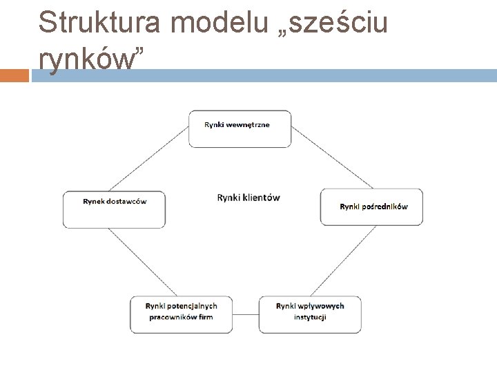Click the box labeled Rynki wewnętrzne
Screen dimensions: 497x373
(x=240, y=128)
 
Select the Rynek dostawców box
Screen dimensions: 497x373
(x=114, y=209)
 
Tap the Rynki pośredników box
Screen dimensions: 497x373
(x=371, y=207)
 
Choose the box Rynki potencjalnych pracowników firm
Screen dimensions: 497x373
(x=182, y=314)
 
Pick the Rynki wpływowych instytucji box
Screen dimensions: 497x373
(x=310, y=314)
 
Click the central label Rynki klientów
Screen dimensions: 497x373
(x=248, y=198)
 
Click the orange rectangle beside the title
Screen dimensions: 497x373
(x=14, y=75)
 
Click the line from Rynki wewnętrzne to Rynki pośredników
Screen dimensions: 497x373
(x=332, y=158)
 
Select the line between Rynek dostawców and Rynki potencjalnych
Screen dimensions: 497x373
(x=136, y=262)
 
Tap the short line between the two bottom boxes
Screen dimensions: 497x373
(x=246, y=315)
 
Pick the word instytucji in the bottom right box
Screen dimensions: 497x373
(x=310, y=317)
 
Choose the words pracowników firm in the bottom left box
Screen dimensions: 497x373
(x=182, y=317)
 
